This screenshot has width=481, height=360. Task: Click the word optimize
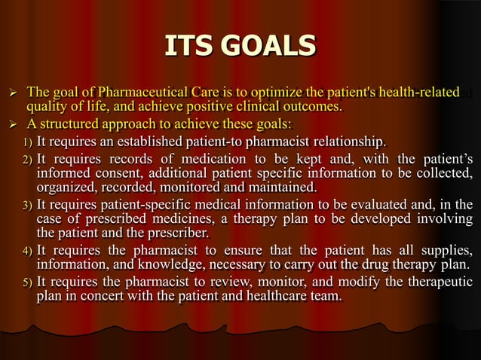[x=280, y=93]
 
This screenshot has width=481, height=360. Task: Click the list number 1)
[x=27, y=142]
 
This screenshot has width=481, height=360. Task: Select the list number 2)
[x=27, y=160]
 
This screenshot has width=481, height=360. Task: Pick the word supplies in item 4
[x=446, y=250]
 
